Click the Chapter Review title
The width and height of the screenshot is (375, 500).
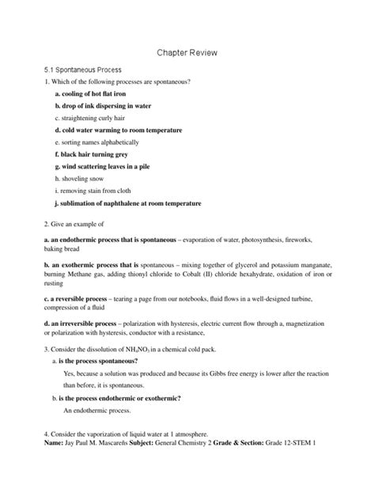point(187,52)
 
